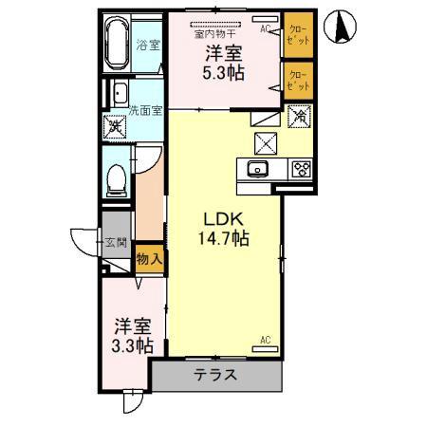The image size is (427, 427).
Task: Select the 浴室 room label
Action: (x=148, y=45)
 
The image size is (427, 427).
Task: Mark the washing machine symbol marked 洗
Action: (x=116, y=124)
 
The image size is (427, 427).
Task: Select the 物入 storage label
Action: (x=149, y=256)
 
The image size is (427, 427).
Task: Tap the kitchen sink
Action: (x=259, y=170)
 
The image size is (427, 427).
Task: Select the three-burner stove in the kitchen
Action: (x=302, y=170)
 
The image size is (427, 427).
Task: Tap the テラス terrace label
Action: (x=216, y=375)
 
